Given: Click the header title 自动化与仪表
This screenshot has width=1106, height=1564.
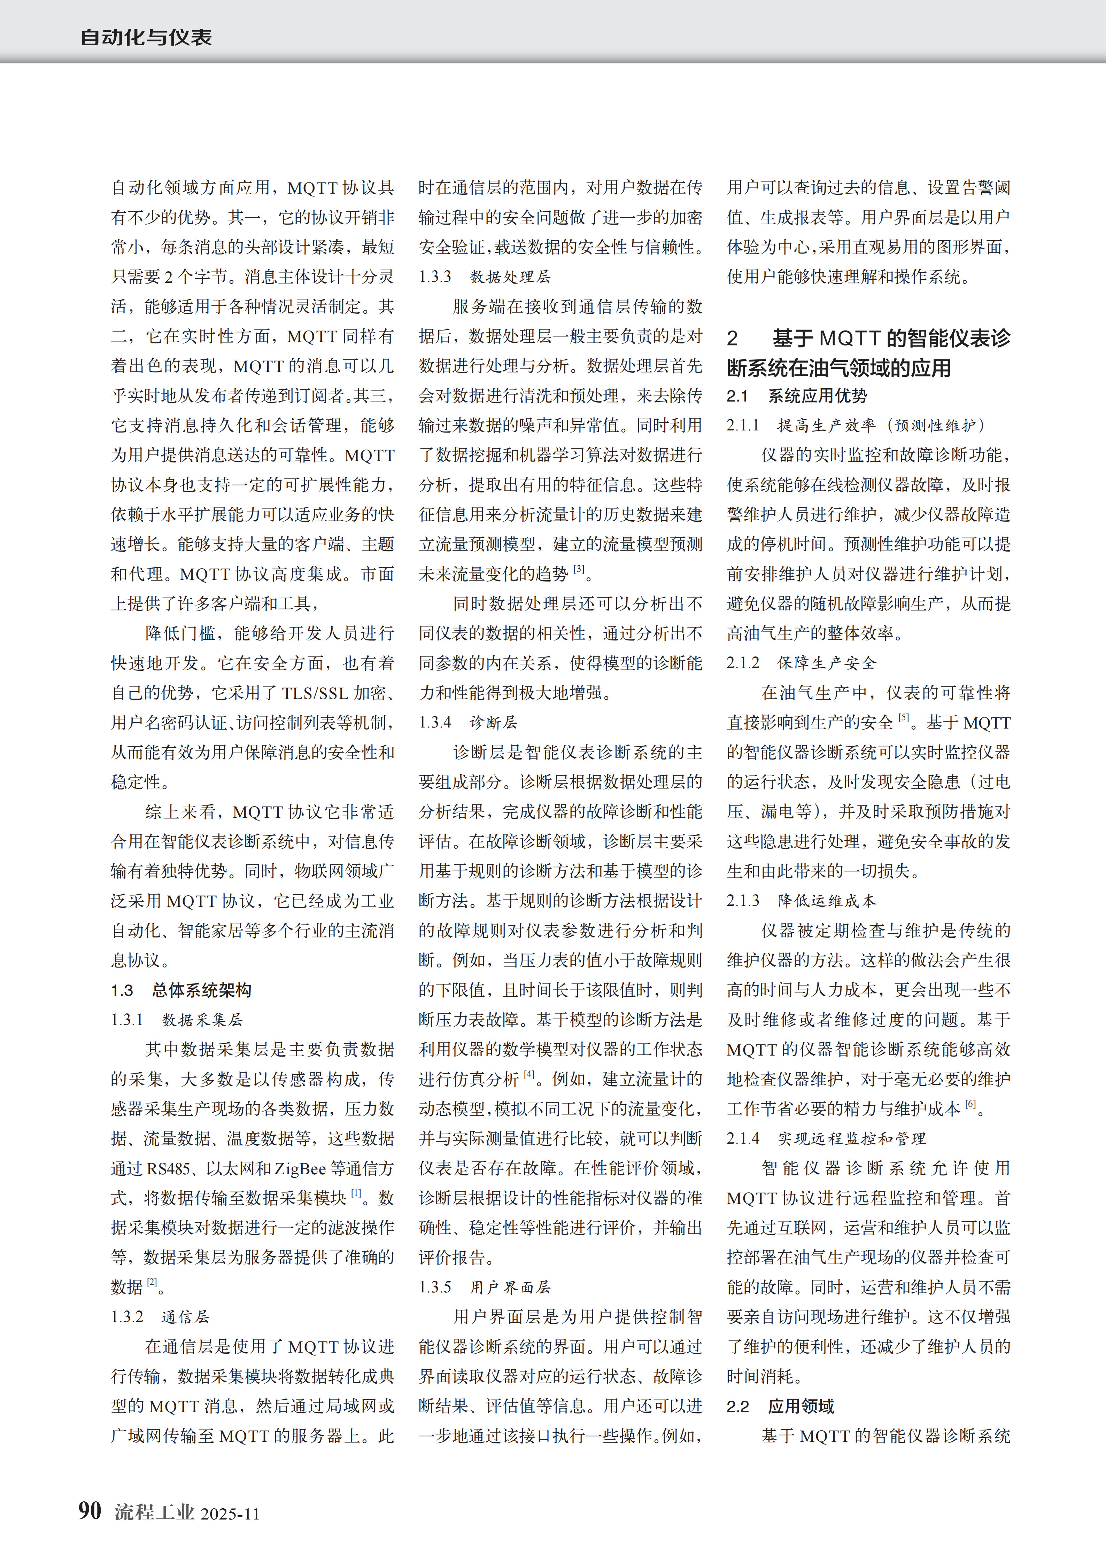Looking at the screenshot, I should (x=146, y=38).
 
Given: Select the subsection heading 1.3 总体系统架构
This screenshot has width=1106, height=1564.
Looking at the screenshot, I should (x=181, y=990).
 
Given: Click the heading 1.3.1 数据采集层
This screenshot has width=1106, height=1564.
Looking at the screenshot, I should (x=177, y=1020).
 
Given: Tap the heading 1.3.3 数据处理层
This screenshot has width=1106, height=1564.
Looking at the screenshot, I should (x=485, y=277).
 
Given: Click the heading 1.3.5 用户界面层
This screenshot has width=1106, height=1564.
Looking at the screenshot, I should (x=485, y=1287).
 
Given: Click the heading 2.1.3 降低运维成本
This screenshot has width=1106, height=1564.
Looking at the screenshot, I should (x=802, y=901).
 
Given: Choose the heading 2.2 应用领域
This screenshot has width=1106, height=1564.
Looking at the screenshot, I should (x=780, y=1406).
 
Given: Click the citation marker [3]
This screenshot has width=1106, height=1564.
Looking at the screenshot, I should (x=579, y=569).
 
